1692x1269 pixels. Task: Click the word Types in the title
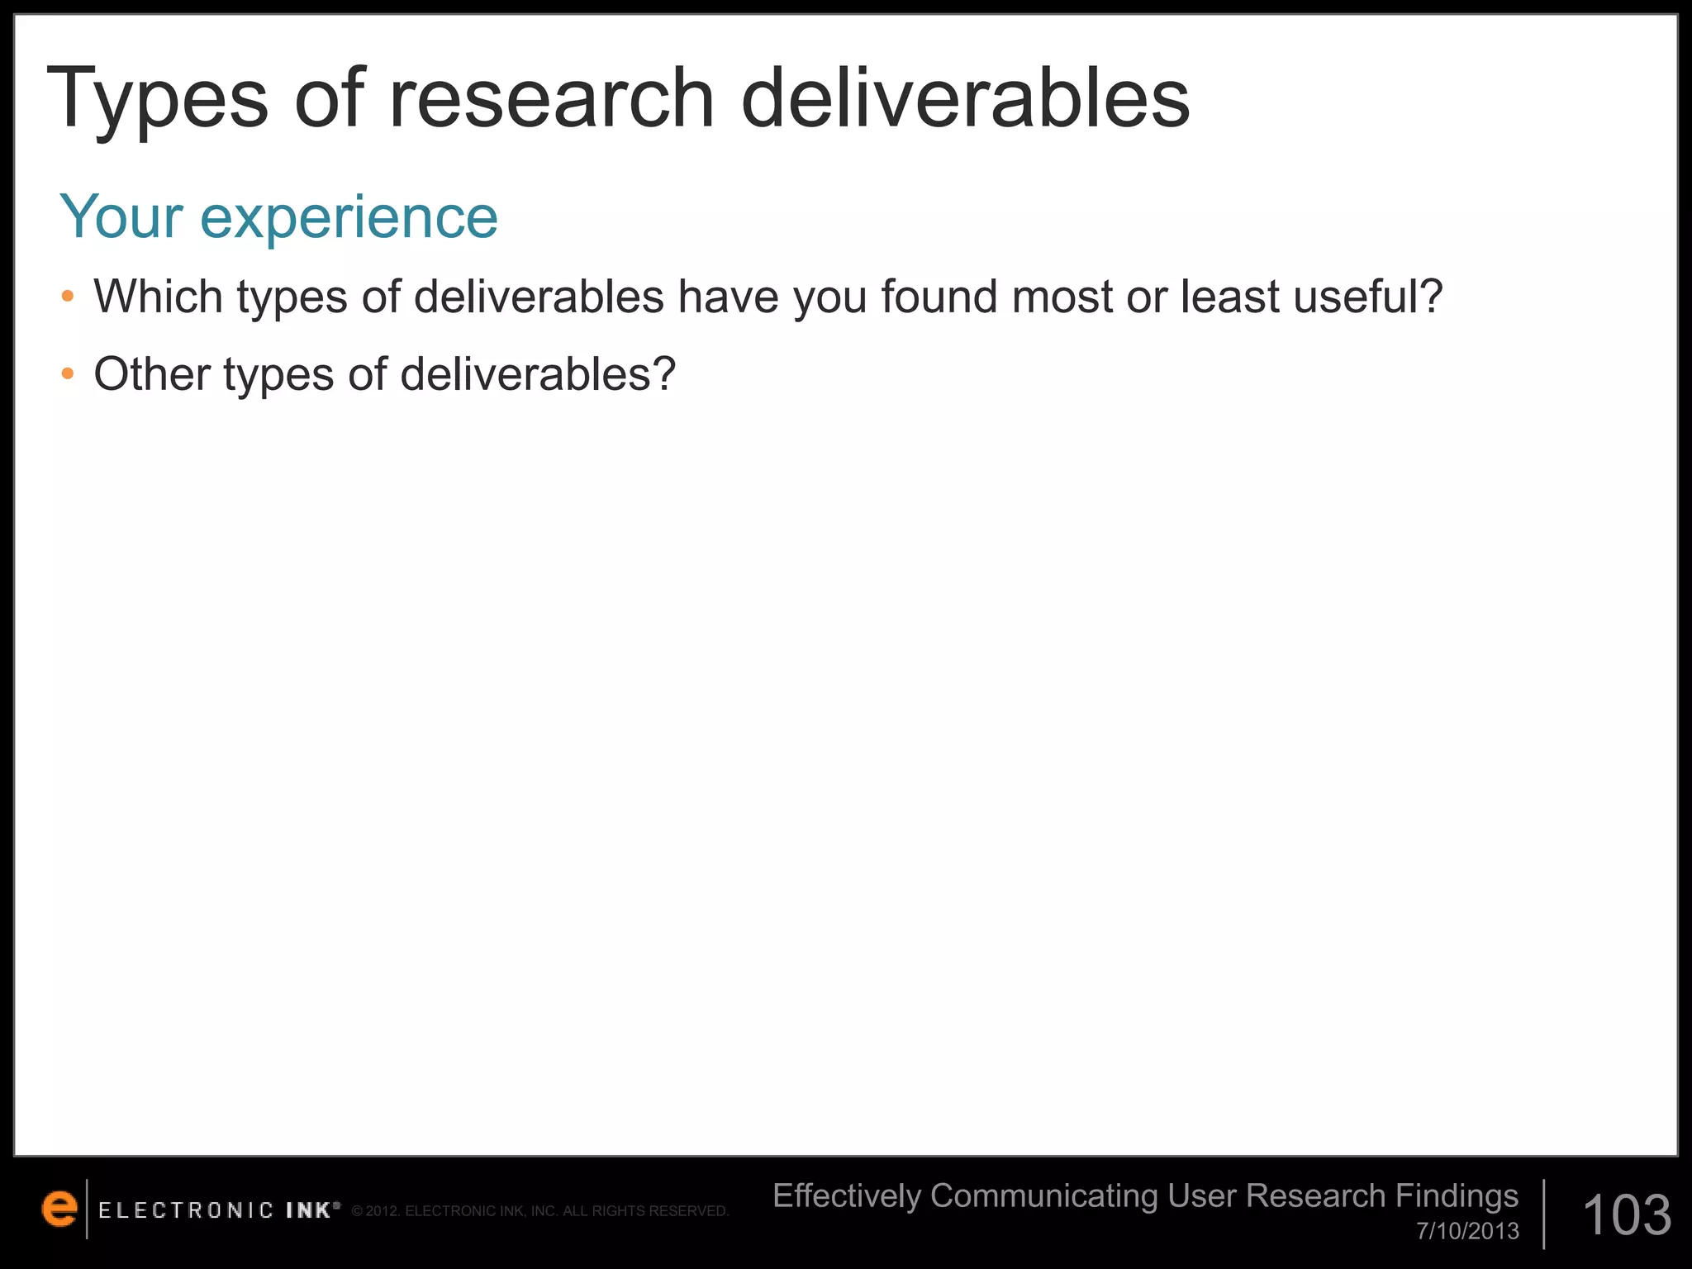[157, 99]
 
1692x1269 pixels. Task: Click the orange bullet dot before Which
[68, 297]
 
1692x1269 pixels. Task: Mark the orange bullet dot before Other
[68, 374]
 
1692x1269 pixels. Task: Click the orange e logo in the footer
[59, 1209]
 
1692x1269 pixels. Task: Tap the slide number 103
[1626, 1214]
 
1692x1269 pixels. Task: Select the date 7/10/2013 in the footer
[1467, 1231]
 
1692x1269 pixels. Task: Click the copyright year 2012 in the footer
[383, 1211]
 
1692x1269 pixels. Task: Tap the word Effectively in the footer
[846, 1195]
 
